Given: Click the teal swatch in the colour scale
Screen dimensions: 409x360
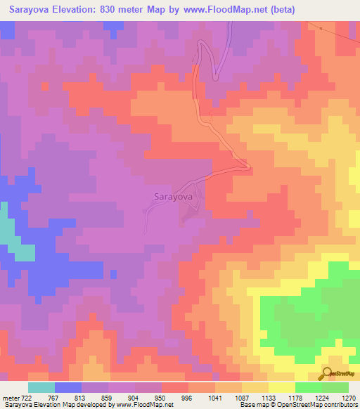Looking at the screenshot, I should (41, 387).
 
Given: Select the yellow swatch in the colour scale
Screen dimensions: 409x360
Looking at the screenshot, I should (282, 387).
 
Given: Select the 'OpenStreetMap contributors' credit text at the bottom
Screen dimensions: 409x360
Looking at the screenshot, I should (309, 405).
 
